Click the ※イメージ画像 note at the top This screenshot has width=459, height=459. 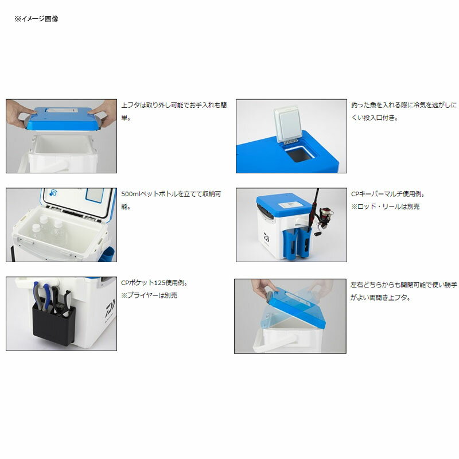point(37,19)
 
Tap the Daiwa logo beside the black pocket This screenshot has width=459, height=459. point(110,308)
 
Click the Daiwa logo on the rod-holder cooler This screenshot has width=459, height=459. point(266,238)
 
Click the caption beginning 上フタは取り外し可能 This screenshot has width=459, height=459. point(174,111)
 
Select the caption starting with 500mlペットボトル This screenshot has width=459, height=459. point(171,200)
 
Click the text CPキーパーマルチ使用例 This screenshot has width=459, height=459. point(388,194)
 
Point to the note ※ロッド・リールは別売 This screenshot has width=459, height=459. point(385,207)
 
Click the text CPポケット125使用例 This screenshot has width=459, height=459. point(154,283)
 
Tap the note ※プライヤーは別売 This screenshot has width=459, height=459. point(149,295)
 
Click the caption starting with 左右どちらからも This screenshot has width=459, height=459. point(403,291)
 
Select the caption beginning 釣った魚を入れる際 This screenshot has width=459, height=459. point(404,111)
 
